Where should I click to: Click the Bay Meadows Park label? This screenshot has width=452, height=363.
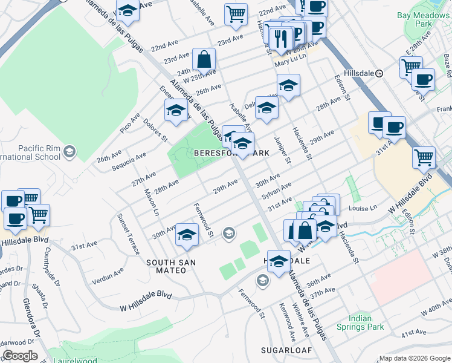coord(424,19)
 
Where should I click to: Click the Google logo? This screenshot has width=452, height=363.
coord(20,356)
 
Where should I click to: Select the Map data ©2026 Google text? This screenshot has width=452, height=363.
coord(413,358)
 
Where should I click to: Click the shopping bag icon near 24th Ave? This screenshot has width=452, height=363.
coord(204,60)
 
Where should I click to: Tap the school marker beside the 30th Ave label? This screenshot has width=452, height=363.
coord(187,235)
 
